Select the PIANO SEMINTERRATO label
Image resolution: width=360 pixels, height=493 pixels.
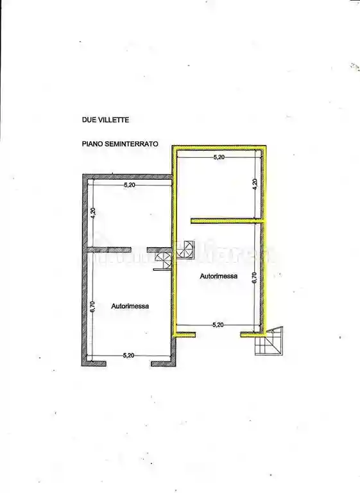(120, 146)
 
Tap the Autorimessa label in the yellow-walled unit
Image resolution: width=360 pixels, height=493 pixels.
(218, 277)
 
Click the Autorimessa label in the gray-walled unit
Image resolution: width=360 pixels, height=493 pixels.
(130, 306)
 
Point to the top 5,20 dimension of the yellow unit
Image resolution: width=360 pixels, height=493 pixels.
(219, 157)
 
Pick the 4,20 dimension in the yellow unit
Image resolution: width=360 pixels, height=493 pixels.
(255, 183)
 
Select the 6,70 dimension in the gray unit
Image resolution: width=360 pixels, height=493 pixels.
(93, 307)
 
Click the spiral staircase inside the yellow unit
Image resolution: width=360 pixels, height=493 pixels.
(187, 248)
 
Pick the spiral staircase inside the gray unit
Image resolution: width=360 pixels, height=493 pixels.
(164, 262)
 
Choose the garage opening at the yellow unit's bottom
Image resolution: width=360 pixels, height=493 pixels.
(218, 334)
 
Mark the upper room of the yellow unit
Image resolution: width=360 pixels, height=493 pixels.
(218, 186)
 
